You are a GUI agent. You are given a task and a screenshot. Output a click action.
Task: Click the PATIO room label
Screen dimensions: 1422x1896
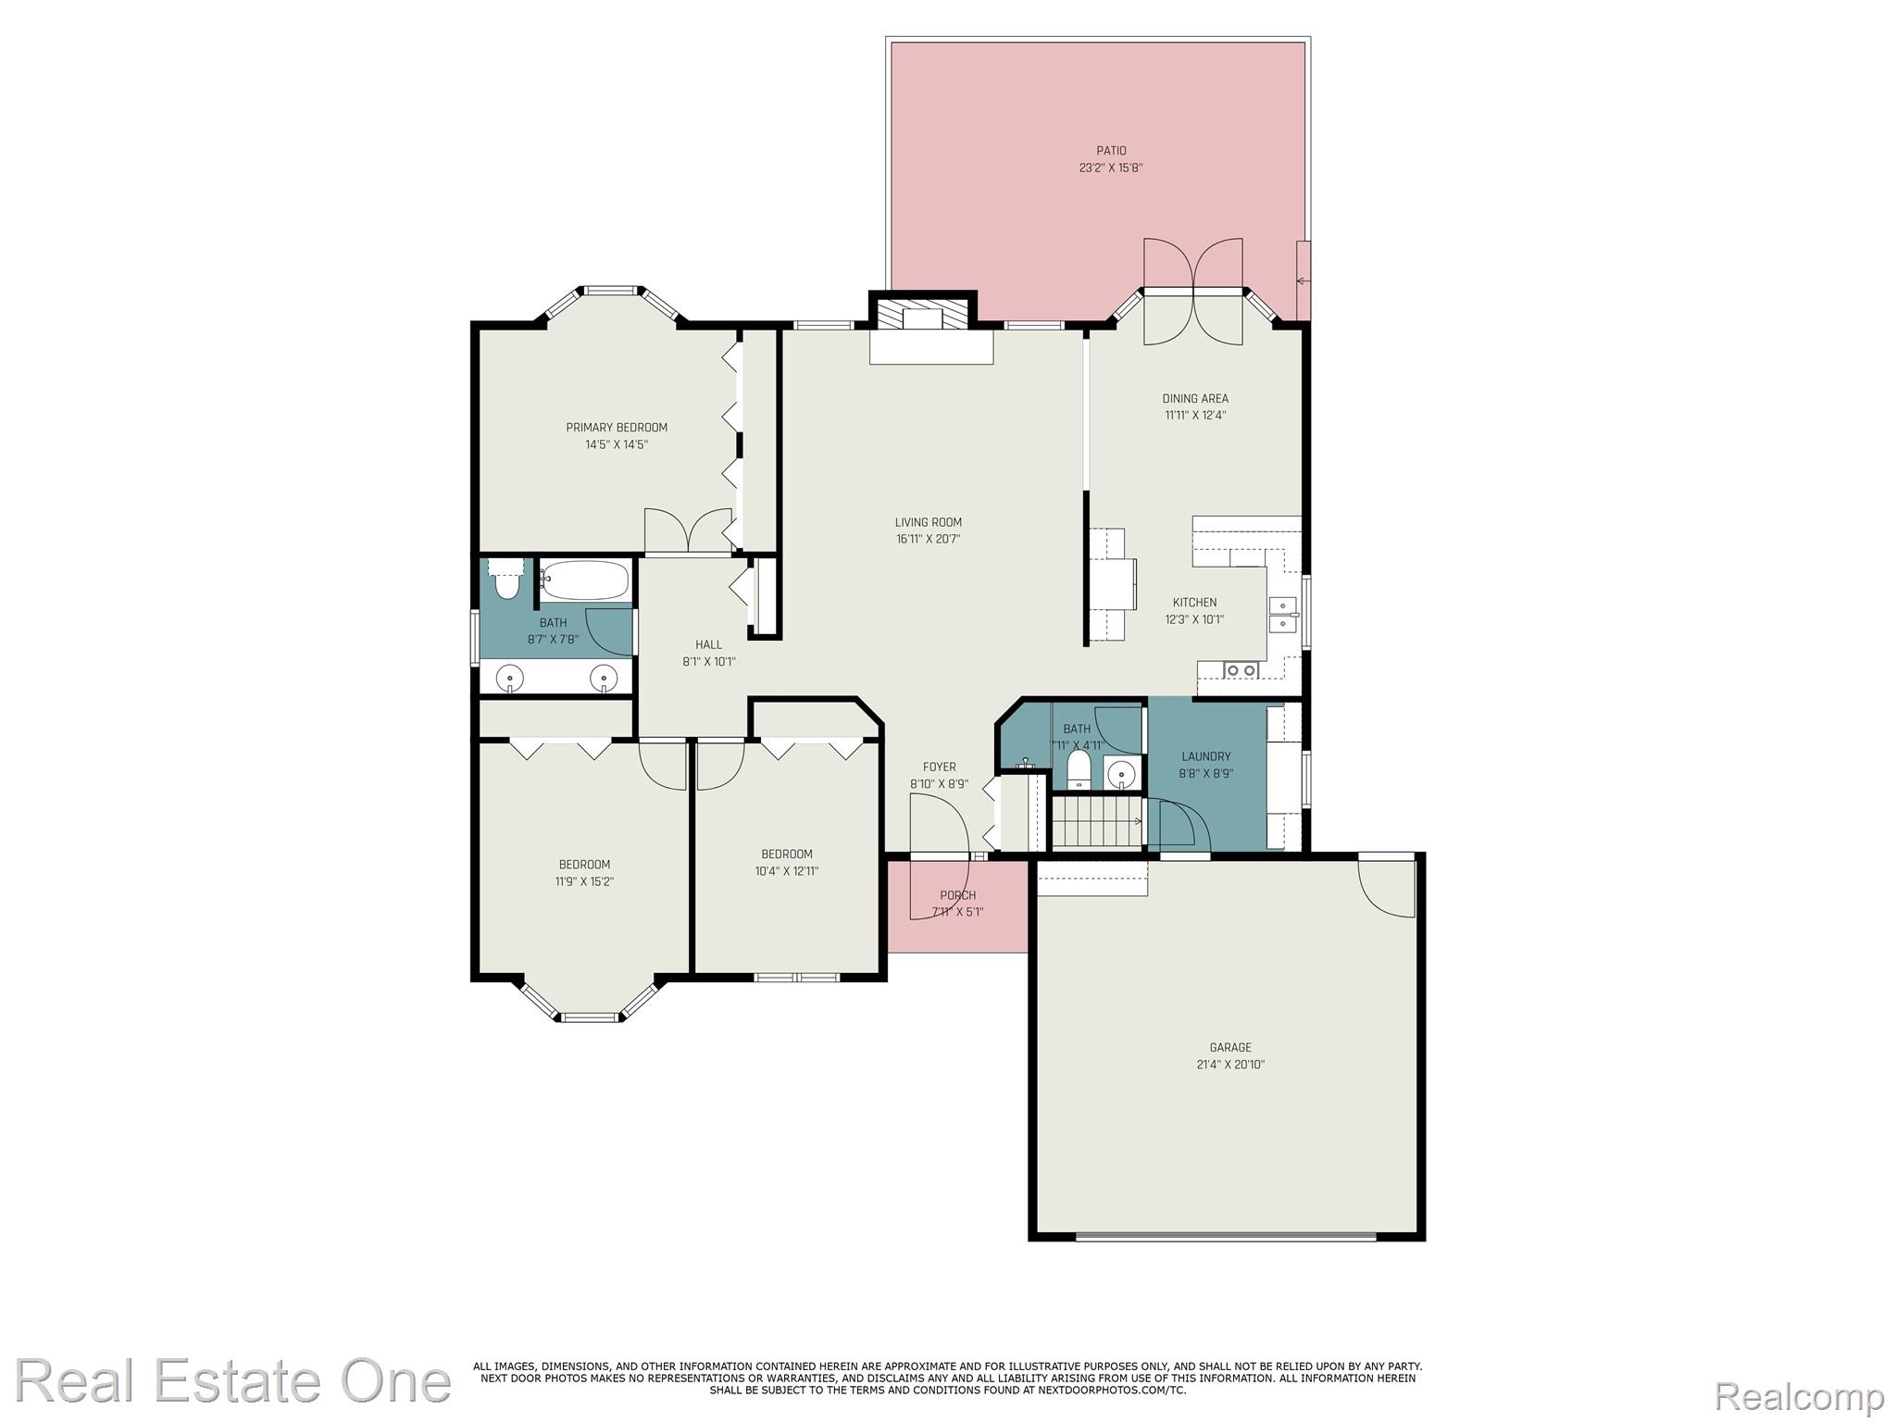coord(1111,151)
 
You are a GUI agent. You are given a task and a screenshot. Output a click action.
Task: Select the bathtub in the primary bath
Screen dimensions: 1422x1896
coord(585,580)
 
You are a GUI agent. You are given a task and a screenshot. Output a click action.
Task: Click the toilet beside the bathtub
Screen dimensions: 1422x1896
coord(506,580)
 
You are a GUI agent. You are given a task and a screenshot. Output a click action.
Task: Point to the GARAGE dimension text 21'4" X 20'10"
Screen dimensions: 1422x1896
coord(1229,1065)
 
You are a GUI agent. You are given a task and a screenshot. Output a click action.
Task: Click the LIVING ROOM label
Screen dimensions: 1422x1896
coord(928,522)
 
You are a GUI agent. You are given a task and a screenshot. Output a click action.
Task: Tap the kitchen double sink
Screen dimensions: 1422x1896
coord(1283,615)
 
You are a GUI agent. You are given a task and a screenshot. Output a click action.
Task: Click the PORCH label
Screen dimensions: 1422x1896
coord(957,895)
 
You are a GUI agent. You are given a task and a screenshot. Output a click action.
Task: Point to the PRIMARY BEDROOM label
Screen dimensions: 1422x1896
coord(617,428)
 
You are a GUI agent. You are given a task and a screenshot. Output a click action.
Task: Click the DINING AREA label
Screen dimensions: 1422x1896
coord(1195,399)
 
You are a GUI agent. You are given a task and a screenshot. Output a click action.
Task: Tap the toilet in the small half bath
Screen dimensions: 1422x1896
coord(1079,769)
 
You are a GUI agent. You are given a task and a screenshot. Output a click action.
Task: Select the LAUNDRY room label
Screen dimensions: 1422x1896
coord(1205,756)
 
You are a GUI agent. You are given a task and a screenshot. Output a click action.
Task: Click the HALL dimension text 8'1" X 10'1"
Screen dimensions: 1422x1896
coord(708,662)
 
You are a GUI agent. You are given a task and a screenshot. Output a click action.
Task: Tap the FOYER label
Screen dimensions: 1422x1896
coord(939,767)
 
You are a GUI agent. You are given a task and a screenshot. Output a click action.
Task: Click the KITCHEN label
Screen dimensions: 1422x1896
coord(1194,603)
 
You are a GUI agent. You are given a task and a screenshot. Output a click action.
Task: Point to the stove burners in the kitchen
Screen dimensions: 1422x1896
coord(1241,669)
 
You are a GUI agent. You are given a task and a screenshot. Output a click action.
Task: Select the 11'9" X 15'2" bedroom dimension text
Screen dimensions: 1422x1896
coord(584,881)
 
